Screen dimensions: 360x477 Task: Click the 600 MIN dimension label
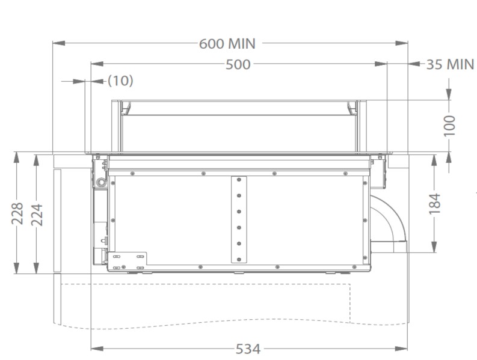point(227,43)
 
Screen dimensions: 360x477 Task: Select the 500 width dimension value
point(238,64)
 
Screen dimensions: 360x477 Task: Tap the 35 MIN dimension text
point(450,64)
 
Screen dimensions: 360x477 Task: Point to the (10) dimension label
point(120,81)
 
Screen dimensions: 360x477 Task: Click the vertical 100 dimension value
point(450,126)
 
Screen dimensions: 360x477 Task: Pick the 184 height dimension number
point(435,203)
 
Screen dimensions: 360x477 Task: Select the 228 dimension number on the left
point(17,213)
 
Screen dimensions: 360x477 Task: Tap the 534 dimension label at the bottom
point(248,349)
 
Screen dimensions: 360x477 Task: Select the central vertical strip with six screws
point(239,219)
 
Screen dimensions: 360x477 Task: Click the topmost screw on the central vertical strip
point(239,180)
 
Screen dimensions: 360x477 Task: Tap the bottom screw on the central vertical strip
point(239,259)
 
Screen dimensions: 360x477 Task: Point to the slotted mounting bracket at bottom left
point(128,260)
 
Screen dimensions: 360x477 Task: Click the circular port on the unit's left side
point(100,181)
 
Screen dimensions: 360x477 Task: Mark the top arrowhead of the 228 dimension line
point(17,156)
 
